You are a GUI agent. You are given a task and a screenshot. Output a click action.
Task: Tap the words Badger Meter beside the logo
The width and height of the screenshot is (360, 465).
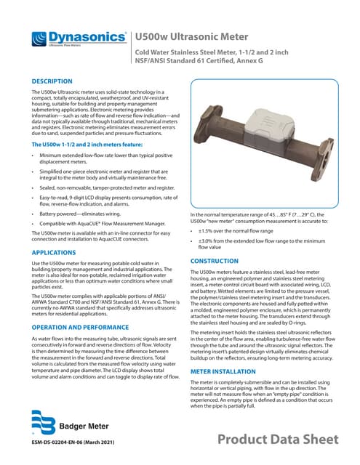coord(82,424)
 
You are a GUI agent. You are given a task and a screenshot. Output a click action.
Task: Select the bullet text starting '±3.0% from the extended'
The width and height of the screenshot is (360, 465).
coord(262,243)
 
